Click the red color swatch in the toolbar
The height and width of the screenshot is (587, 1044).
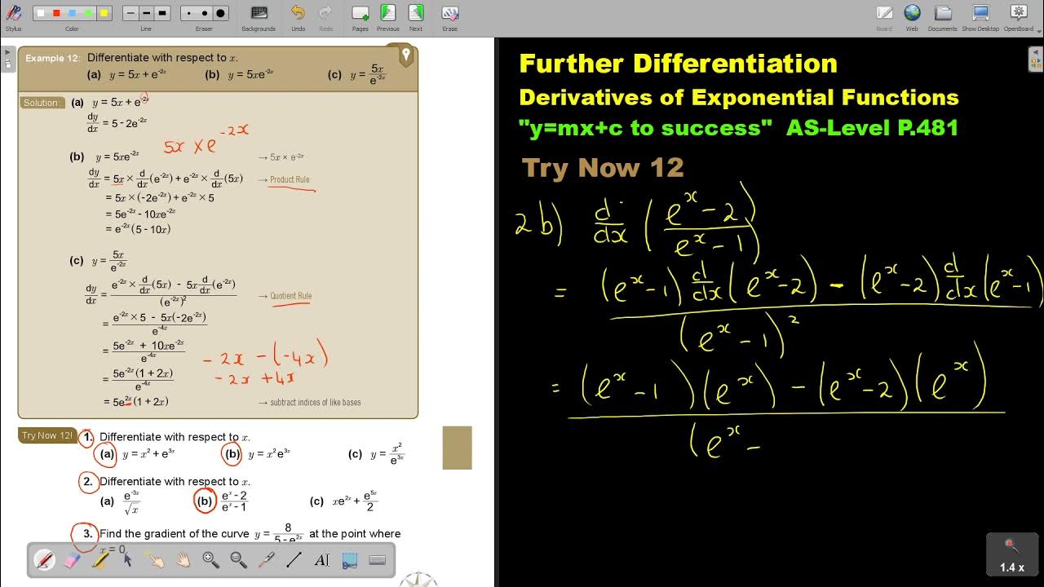tap(56, 13)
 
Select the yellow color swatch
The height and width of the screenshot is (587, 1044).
tap(104, 13)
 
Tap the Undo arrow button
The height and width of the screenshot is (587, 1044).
tap(298, 12)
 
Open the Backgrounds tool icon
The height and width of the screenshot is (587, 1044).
tap(259, 12)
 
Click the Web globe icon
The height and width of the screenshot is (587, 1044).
tap(912, 12)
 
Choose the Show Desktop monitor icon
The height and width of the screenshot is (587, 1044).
tap(980, 12)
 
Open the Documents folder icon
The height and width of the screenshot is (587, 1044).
tap(943, 12)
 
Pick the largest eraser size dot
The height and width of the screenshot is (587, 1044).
tap(220, 13)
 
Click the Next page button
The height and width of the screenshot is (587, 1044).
tap(416, 12)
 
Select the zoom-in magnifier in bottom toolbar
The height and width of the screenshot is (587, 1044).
tap(210, 559)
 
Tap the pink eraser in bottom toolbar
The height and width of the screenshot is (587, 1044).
tap(72, 560)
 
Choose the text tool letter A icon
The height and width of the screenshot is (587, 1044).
tap(321, 560)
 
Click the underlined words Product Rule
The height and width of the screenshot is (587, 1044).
tap(290, 179)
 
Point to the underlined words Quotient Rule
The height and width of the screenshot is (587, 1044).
tap(290, 296)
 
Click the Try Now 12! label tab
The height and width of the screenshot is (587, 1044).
tap(47, 435)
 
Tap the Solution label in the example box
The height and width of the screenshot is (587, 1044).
tap(42, 103)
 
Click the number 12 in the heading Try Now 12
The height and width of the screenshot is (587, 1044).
tap(666, 168)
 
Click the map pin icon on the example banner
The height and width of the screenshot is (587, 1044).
tap(405, 55)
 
